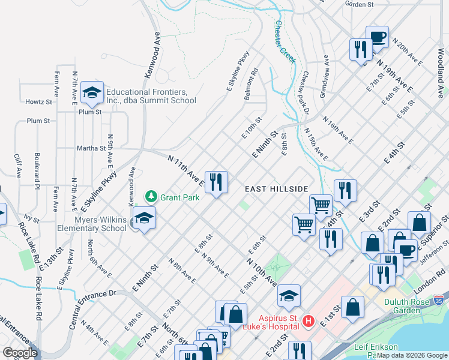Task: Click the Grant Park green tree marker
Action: coord(151,196)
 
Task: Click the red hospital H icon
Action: coord(309,322)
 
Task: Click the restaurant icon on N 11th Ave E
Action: coord(216,181)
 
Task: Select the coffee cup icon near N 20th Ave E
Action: coord(377,37)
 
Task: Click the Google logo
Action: coord(20,353)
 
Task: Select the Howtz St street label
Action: coord(38,101)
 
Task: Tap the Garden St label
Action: coord(359,4)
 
